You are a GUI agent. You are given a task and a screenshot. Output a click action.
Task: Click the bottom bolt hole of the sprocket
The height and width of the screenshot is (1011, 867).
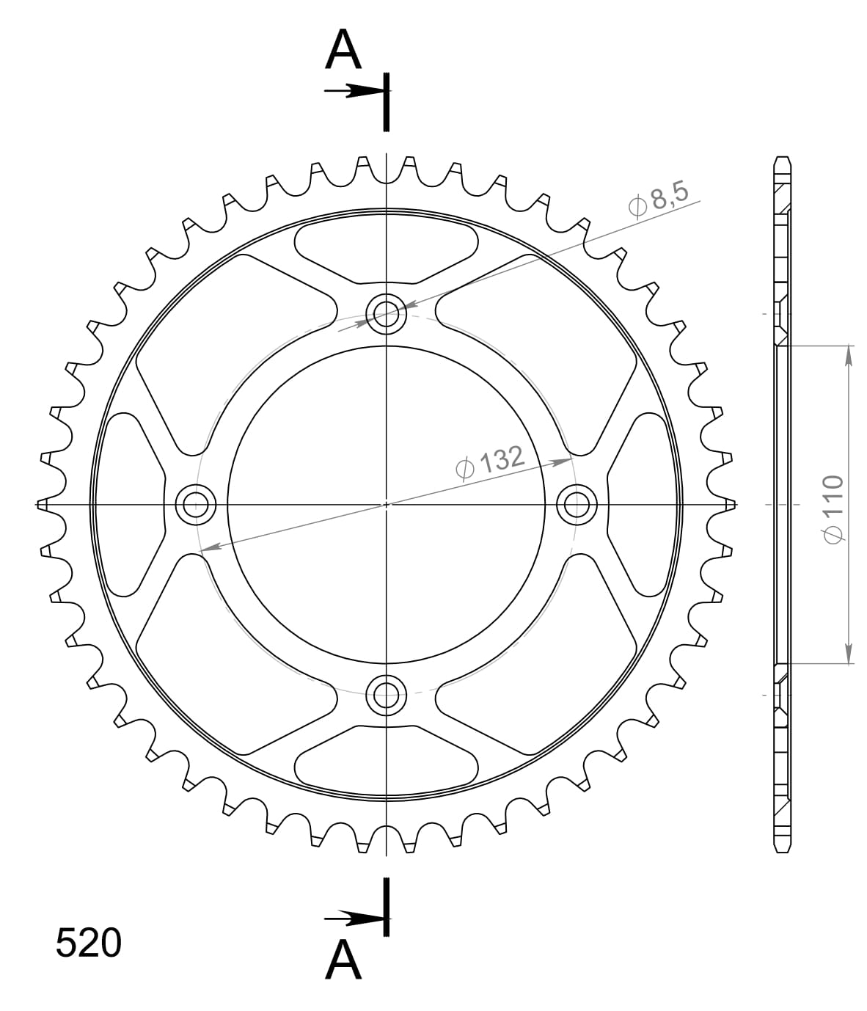tap(387, 693)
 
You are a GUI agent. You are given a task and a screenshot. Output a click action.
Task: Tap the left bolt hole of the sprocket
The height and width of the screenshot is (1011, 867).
tap(196, 504)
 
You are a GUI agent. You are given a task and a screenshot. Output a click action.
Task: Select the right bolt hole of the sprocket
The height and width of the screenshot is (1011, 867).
tap(577, 504)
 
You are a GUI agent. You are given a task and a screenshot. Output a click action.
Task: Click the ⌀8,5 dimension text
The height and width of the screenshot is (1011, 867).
tap(658, 200)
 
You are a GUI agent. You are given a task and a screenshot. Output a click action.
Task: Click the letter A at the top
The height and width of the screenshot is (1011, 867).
tap(343, 51)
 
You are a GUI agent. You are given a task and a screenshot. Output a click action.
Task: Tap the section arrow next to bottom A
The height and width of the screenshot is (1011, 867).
tap(354, 918)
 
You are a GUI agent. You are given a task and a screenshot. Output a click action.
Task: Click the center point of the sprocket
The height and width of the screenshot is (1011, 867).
tap(387, 504)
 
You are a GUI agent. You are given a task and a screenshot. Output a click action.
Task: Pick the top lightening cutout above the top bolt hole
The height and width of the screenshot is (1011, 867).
tap(387, 249)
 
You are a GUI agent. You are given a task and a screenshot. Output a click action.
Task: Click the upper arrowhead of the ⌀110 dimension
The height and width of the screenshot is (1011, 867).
tap(849, 355)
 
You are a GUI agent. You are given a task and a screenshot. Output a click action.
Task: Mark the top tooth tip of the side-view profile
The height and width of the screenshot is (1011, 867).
tap(783, 159)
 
